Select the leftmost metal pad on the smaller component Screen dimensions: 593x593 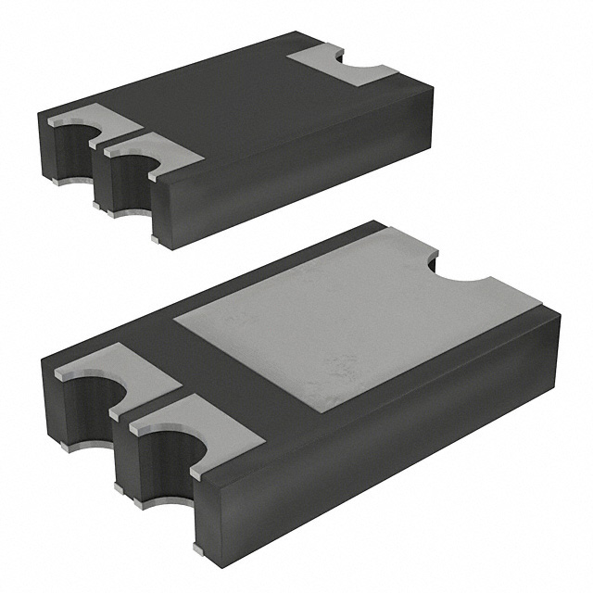(x=83, y=124)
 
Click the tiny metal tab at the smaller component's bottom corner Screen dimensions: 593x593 (x=156, y=241)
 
